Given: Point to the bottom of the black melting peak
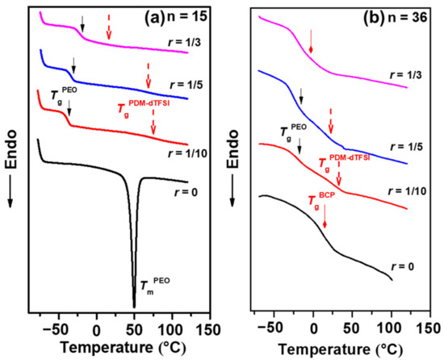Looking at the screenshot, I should click(x=134, y=305).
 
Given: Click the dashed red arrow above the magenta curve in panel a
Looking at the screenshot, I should click(x=109, y=29).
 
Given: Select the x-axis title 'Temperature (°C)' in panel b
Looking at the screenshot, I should click(x=333, y=349).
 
